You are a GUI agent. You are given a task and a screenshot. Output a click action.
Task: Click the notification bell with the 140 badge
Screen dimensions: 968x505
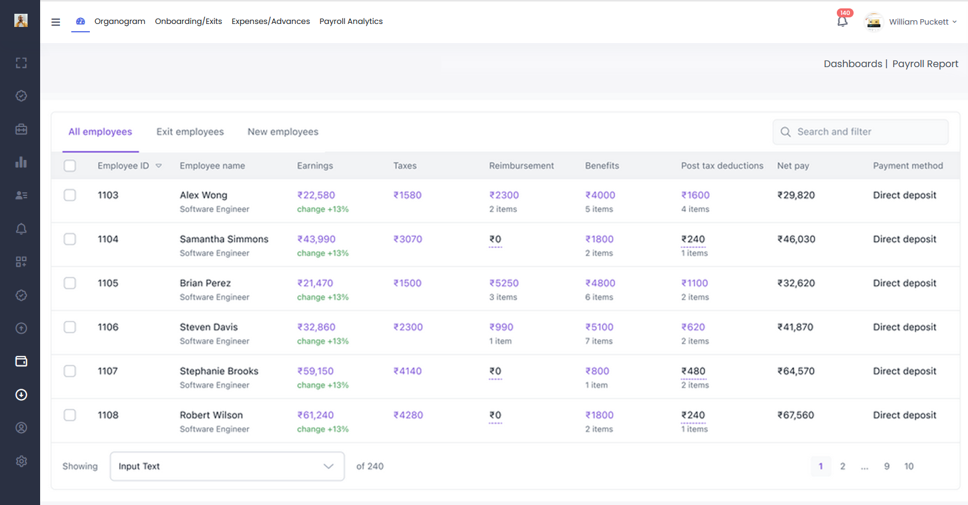[x=843, y=21]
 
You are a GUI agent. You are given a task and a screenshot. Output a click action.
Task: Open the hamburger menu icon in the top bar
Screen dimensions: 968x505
[x=56, y=22]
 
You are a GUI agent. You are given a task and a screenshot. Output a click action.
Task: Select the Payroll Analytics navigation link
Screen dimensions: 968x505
[x=351, y=21]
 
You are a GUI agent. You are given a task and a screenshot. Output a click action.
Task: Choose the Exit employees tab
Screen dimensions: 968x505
[x=190, y=131]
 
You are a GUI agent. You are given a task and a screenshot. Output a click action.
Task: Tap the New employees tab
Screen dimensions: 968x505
[x=283, y=131]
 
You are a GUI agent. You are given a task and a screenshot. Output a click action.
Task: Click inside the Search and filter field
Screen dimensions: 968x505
[x=860, y=132]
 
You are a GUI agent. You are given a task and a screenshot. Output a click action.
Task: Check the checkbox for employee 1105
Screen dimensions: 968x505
[x=69, y=283]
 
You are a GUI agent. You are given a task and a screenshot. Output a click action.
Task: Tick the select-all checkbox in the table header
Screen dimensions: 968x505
[x=69, y=165]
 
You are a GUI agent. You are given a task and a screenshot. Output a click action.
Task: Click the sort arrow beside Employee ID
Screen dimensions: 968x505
[x=159, y=166]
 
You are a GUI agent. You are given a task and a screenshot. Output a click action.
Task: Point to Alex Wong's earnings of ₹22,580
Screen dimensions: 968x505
[x=316, y=195]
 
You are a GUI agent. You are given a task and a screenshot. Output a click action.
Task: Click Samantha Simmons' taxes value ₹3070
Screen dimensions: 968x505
[x=407, y=239]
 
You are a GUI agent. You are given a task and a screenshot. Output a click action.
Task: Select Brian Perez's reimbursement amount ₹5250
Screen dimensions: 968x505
[x=504, y=283]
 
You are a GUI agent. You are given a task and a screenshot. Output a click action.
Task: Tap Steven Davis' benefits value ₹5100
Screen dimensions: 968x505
[x=600, y=327]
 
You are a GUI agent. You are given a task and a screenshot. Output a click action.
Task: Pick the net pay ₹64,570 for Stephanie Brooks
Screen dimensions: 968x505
[x=796, y=371]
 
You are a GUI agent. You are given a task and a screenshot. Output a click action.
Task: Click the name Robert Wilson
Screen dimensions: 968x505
[x=211, y=415]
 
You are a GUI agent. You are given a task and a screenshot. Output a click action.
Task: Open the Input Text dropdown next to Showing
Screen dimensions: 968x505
[x=227, y=466]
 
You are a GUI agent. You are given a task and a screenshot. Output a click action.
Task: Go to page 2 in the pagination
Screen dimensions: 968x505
[x=843, y=466]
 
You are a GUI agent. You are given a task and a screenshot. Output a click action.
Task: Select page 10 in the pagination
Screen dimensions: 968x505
[x=909, y=466]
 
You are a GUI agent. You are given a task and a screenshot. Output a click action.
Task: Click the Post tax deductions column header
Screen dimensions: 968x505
[x=722, y=165]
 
